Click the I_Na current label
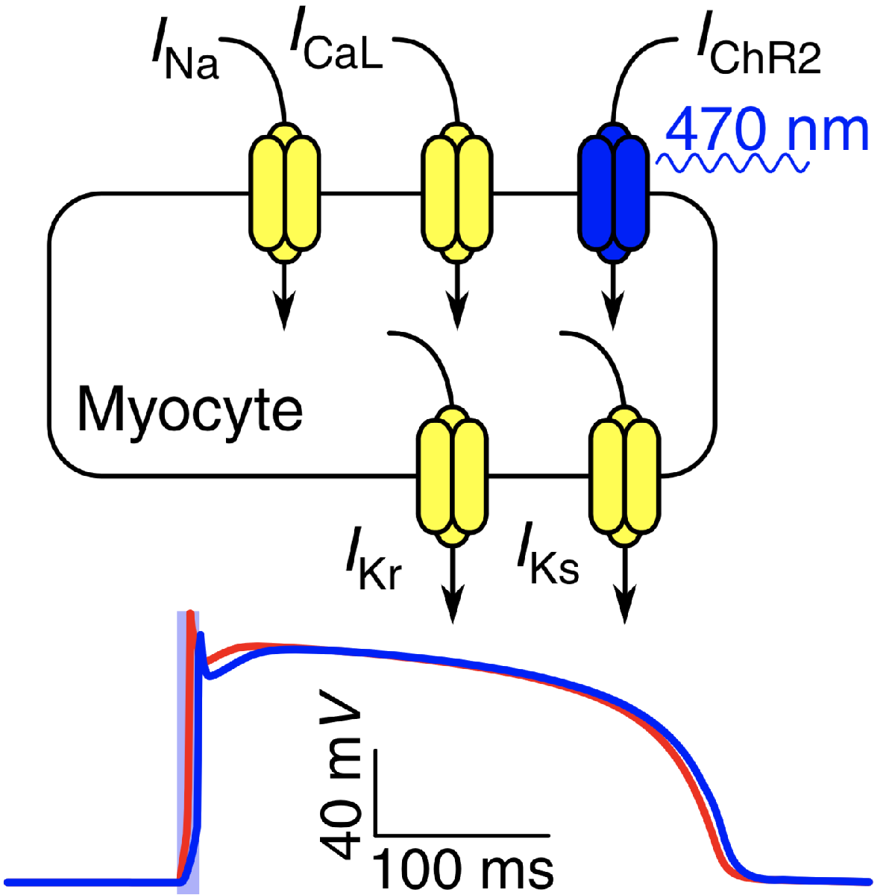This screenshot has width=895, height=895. coord(183,56)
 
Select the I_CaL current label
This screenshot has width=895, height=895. coord(336,48)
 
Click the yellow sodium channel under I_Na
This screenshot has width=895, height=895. coord(283,192)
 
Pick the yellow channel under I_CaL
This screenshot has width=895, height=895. coord(456,192)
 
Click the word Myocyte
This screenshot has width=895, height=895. coord(189,409)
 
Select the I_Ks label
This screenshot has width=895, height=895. coord(548,559)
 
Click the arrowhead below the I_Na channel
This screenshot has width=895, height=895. coord(283,313)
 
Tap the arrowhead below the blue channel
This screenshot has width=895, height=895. coord(614,313)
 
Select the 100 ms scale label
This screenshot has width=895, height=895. coord(462,869)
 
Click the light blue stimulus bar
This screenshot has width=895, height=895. coord(181,746)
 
